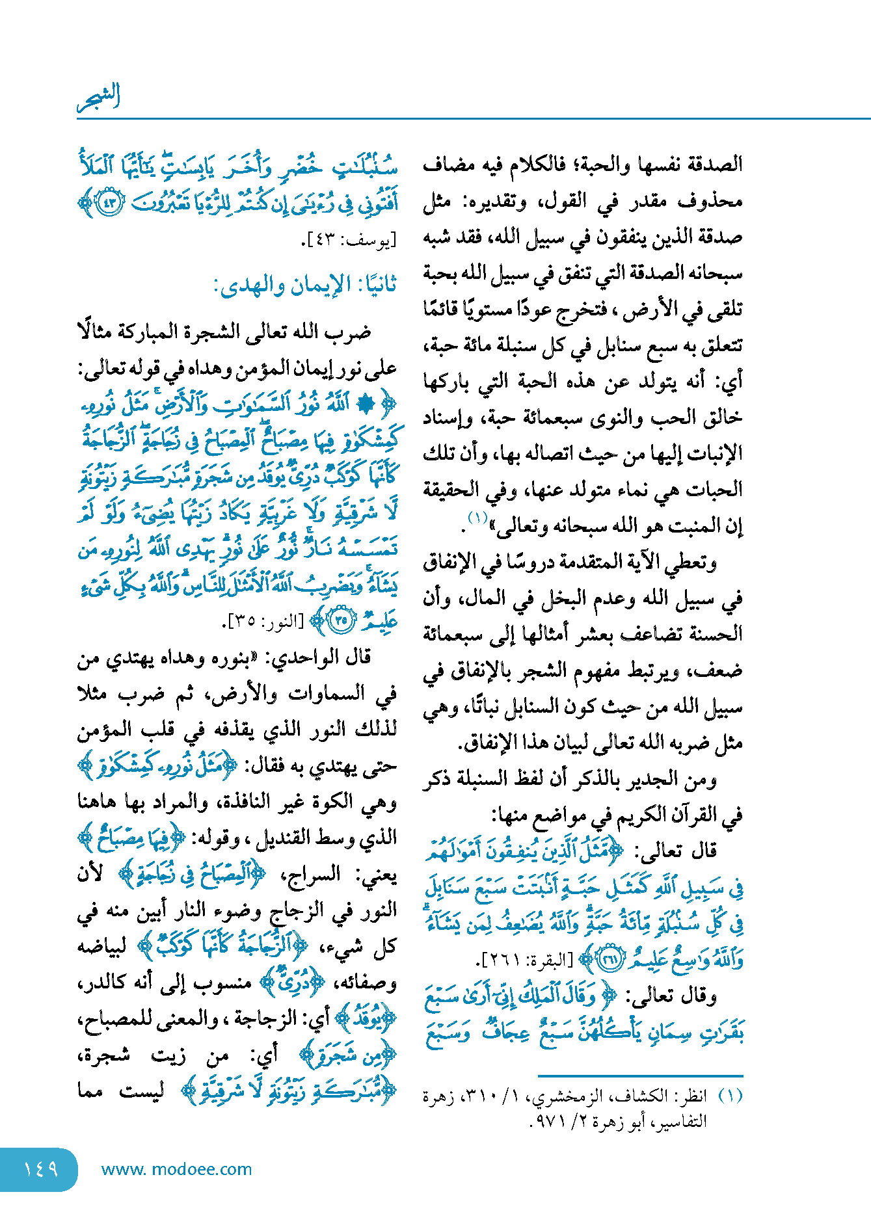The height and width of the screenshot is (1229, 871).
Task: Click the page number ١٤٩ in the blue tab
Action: click(x=40, y=1169)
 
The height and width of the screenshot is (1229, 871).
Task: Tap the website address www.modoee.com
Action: click(x=176, y=1169)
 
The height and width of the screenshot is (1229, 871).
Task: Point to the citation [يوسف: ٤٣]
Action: click(x=349, y=241)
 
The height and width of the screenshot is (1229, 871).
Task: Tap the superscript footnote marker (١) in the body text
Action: click(x=478, y=518)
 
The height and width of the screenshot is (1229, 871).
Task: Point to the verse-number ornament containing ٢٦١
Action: click(x=610, y=958)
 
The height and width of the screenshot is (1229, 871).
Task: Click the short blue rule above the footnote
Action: click(x=640, y=1076)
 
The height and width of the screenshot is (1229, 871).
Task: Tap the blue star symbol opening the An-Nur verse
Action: click(x=368, y=404)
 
